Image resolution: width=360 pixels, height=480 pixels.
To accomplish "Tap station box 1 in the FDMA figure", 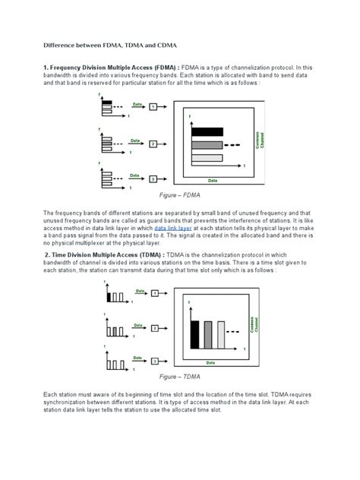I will [x=153, y=108].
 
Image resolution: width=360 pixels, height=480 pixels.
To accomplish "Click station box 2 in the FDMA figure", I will [x=153, y=144].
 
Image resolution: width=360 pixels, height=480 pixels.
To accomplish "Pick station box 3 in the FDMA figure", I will [x=153, y=178].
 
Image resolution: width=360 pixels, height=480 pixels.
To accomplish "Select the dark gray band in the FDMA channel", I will [x=206, y=144].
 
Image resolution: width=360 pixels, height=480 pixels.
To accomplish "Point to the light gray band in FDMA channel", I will [x=206, y=159].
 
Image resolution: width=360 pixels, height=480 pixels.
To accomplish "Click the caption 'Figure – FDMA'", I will [x=179, y=196].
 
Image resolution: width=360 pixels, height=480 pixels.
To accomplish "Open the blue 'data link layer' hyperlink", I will [x=172, y=228].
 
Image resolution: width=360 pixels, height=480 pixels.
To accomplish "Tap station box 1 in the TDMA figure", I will [x=154, y=292].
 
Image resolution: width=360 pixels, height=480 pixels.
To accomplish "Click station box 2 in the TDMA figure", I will [x=154, y=328].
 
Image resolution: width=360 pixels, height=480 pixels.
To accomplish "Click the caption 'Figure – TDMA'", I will [x=179, y=377].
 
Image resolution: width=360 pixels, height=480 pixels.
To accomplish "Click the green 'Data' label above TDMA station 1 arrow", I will [x=139, y=290].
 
